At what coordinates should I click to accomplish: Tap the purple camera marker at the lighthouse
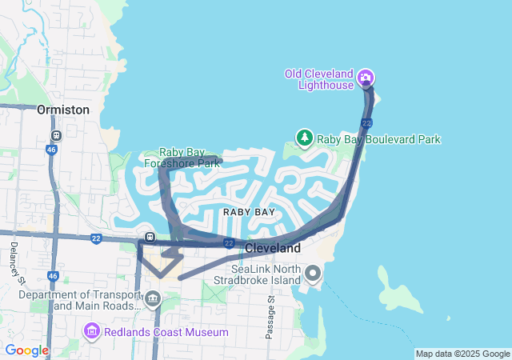(366, 78)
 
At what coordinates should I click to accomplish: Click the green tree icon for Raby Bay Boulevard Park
(305, 138)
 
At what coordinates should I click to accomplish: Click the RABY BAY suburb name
(249, 212)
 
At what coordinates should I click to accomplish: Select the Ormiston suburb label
(63, 110)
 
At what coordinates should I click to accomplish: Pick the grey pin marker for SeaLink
(313, 275)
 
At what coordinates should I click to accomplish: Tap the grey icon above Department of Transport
(152, 300)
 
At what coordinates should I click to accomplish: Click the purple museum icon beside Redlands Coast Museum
(90, 331)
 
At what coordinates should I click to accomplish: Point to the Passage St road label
(270, 317)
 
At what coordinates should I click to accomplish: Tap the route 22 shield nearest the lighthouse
(366, 122)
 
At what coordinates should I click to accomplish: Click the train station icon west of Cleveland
(150, 238)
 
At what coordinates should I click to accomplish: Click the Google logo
(26, 350)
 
